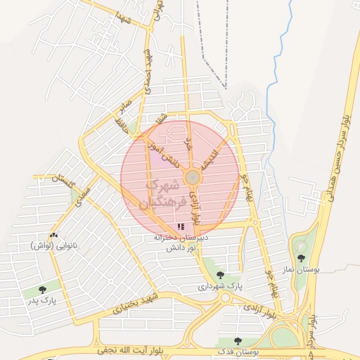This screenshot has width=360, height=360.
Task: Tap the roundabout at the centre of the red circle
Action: pyautogui.click(x=191, y=177)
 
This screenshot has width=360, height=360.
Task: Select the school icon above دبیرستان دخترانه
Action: pyautogui.click(x=181, y=226)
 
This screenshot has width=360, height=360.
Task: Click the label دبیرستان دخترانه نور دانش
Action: pyautogui.click(x=184, y=243)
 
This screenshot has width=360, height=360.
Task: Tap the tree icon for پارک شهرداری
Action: pyautogui.click(x=221, y=275)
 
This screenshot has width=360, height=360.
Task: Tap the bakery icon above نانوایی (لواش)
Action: pyautogui.click(x=53, y=235)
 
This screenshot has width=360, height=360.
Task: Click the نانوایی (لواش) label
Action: pyautogui.click(x=53, y=246)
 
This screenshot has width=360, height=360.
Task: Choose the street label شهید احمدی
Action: pyautogui.click(x=148, y=67)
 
